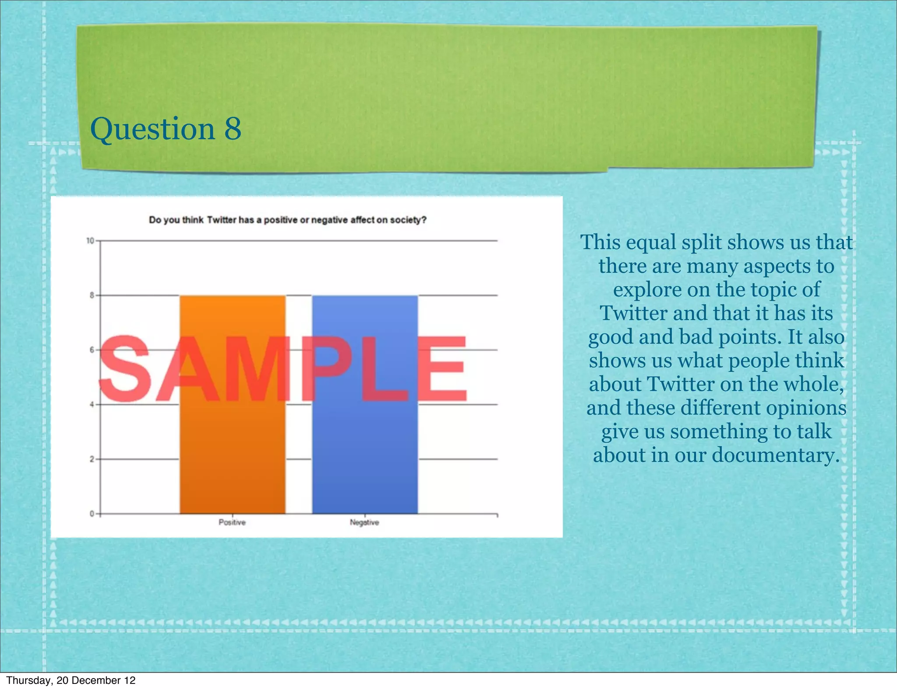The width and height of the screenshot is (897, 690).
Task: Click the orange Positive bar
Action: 233,438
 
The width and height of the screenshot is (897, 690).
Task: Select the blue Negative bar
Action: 365,438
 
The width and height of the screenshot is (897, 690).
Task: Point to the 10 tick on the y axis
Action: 90,241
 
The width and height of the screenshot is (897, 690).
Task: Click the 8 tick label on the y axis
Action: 92,296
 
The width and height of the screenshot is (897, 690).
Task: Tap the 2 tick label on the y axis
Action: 92,459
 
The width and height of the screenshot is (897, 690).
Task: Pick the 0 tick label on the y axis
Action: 92,514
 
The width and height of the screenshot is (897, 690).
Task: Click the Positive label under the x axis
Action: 232,522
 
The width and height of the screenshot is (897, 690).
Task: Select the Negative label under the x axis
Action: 364,522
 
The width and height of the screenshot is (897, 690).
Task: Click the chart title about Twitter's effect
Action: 288,220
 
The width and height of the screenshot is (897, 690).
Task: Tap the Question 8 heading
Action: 166,129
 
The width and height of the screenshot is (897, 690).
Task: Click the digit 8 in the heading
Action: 233,129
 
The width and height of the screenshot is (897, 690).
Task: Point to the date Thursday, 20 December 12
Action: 71,680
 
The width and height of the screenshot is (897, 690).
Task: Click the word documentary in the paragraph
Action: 775,455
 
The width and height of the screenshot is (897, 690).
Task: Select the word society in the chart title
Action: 407,220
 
